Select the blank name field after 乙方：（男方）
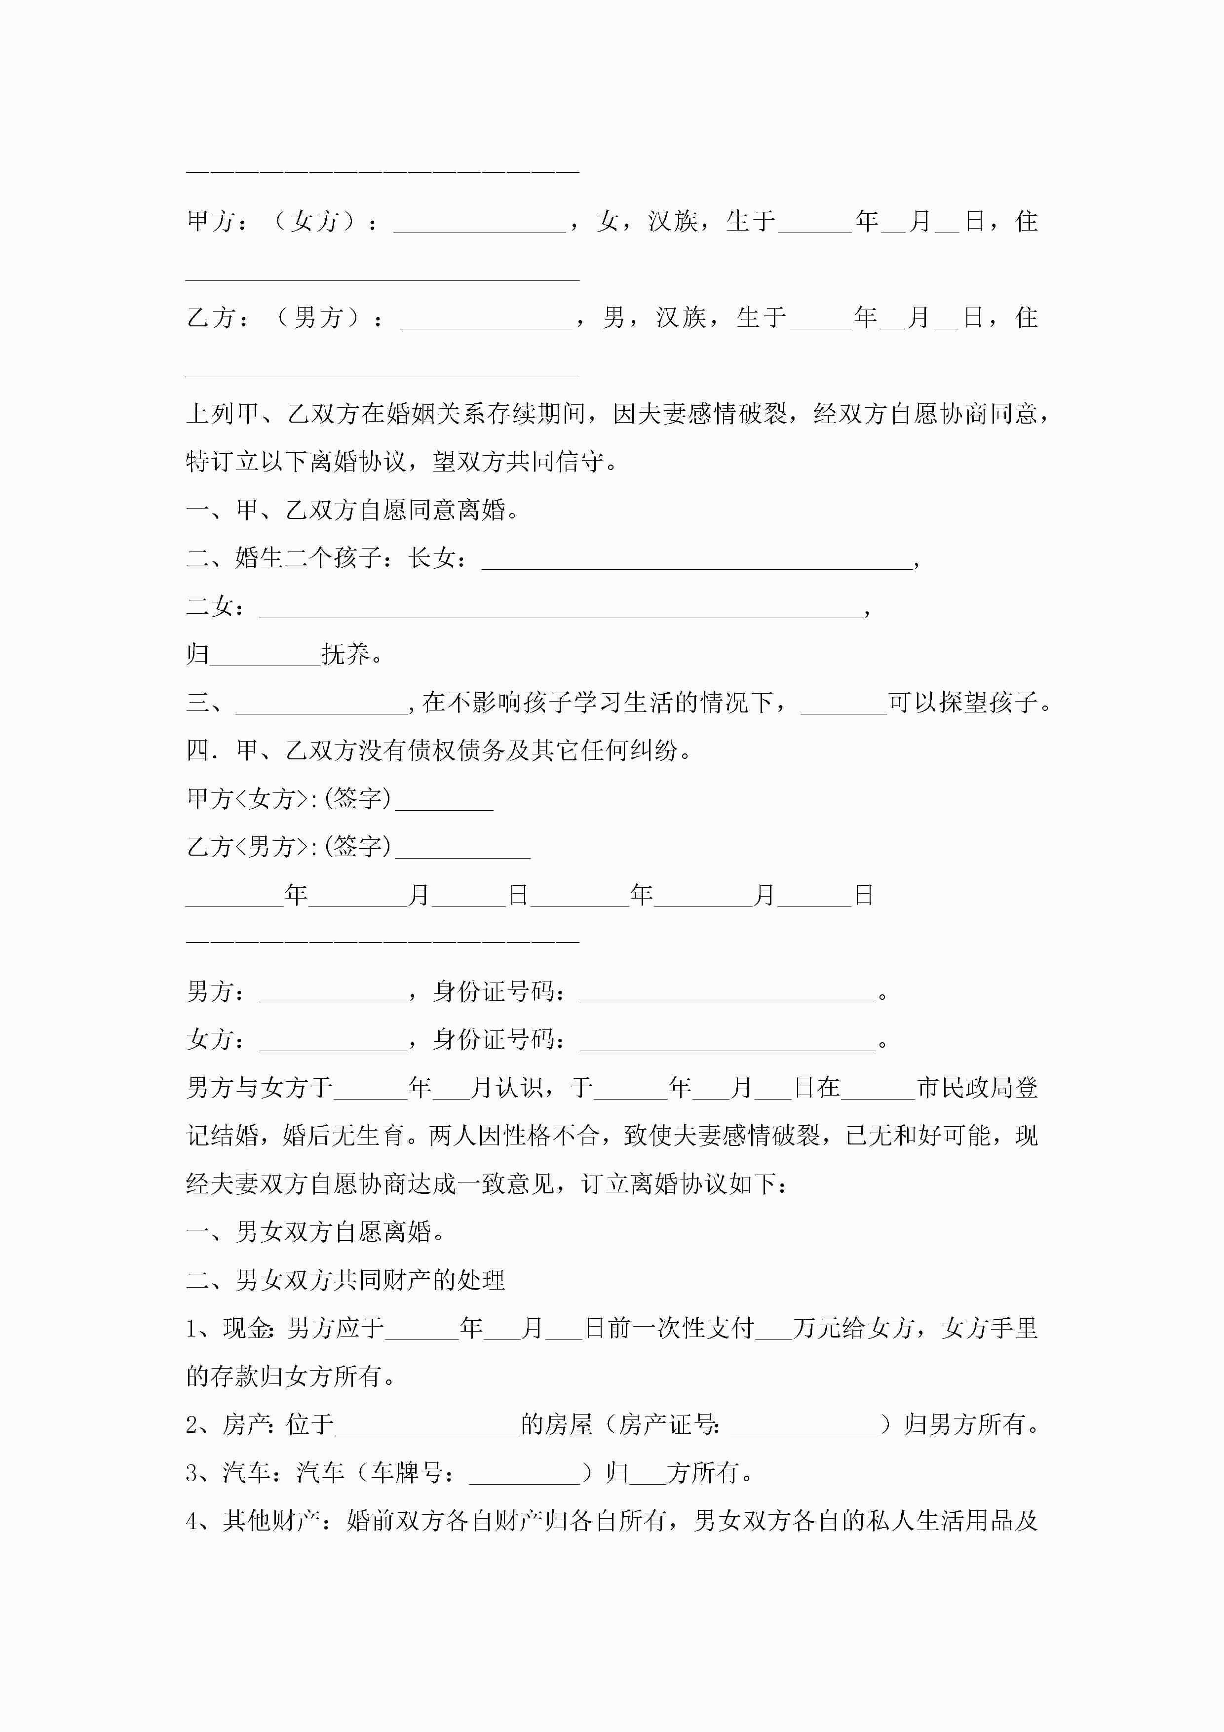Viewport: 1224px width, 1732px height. point(486,318)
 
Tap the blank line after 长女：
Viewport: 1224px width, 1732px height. point(696,560)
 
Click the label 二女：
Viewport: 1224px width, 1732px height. point(215,607)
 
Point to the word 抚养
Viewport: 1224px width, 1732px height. point(345,655)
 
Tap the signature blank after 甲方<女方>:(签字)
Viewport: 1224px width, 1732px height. point(444,800)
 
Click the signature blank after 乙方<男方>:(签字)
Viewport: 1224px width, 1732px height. point(462,848)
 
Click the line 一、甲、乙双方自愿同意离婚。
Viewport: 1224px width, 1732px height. point(353,511)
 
